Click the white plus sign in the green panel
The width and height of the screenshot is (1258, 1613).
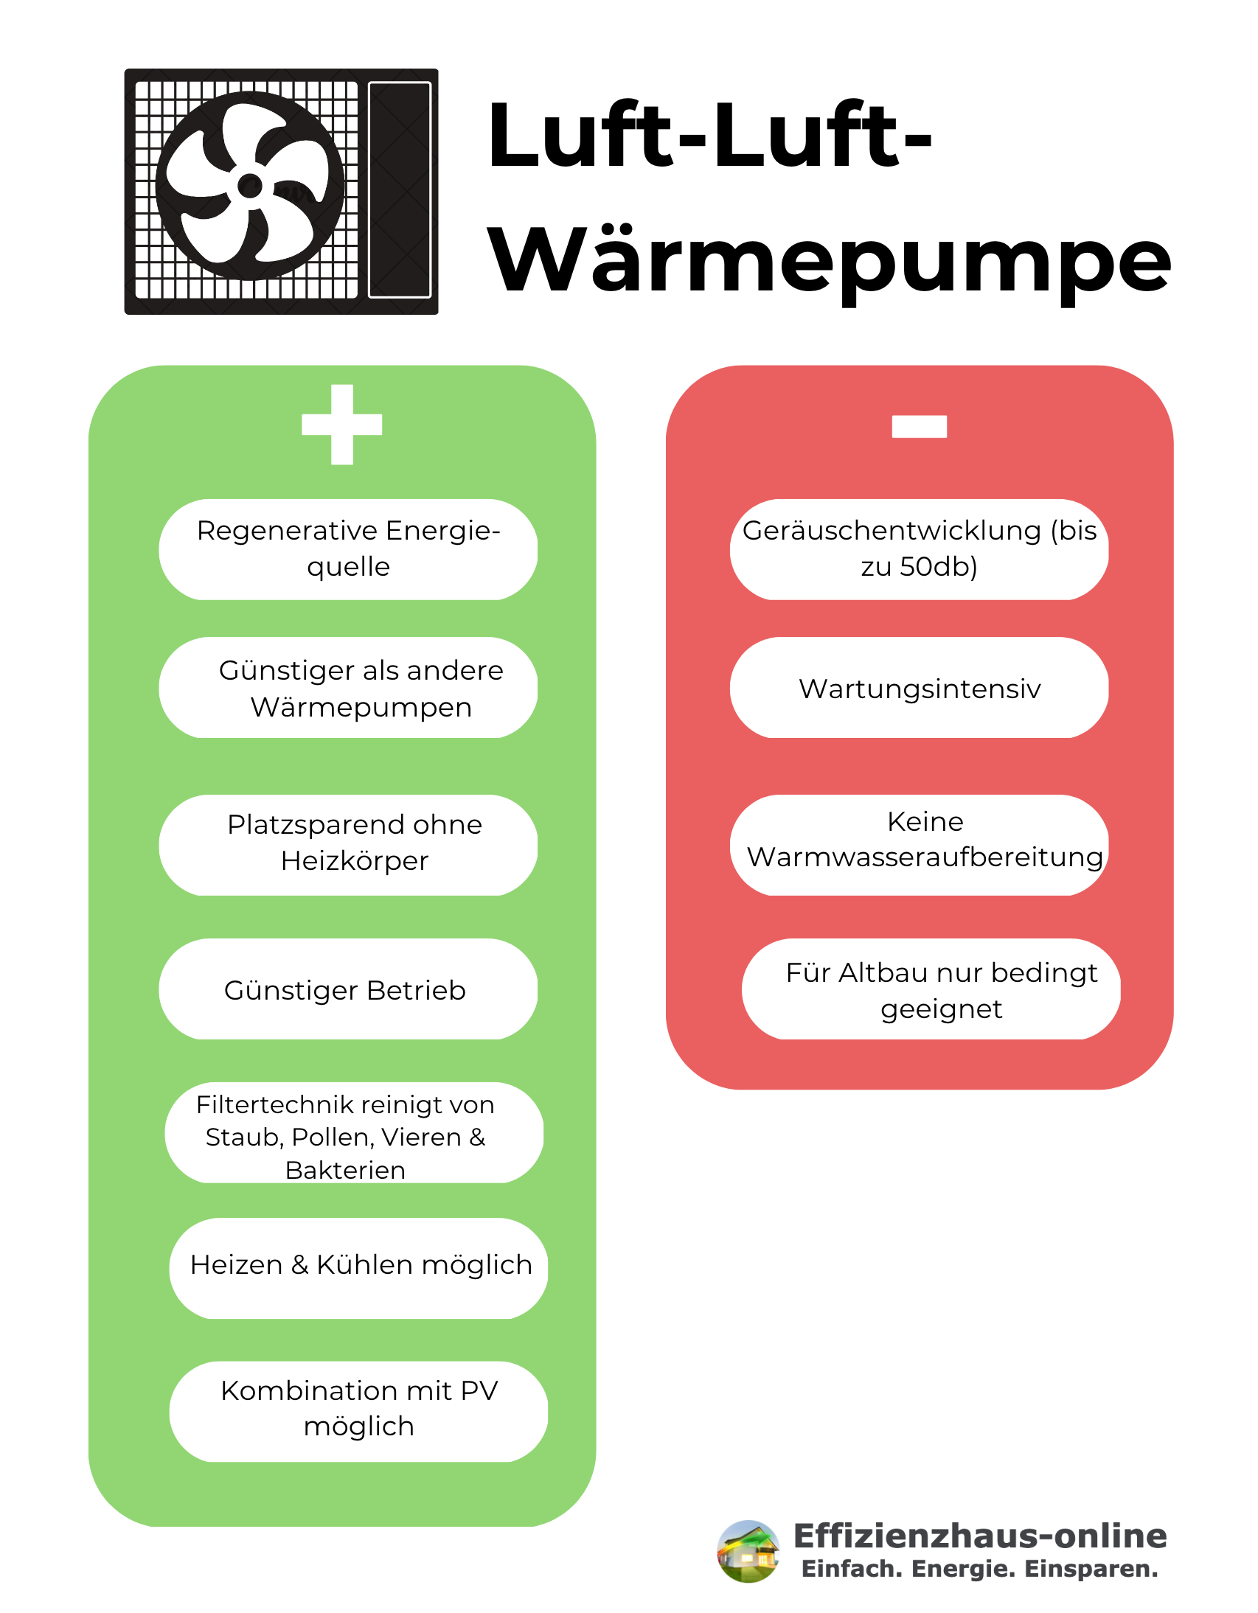(x=342, y=425)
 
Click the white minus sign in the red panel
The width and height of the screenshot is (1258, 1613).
(x=920, y=426)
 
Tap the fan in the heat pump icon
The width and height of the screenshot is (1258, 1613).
(x=250, y=185)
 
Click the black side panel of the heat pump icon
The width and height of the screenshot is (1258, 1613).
(x=400, y=189)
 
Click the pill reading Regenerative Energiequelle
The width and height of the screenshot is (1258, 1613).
(x=348, y=549)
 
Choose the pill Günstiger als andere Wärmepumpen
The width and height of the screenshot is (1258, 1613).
(x=348, y=688)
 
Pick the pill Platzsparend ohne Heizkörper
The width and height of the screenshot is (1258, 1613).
(x=348, y=845)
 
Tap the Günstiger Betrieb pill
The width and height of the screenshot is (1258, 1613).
(x=348, y=989)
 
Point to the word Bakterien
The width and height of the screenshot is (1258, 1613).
(x=345, y=1170)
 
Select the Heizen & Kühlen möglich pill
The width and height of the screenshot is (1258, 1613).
(x=358, y=1268)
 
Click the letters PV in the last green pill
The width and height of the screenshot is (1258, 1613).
(x=479, y=1390)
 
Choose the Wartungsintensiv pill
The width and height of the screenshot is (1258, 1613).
(x=920, y=688)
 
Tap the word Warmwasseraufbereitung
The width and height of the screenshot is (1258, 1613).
(x=925, y=857)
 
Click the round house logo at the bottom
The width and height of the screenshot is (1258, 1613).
(x=748, y=1552)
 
